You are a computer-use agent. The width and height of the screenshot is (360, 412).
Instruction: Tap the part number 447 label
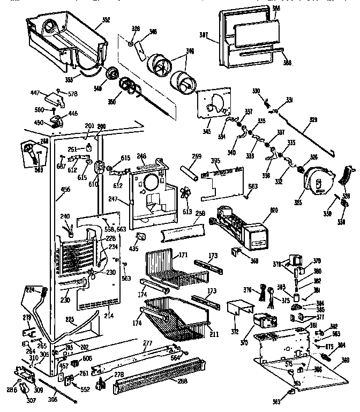tap(35, 93)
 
